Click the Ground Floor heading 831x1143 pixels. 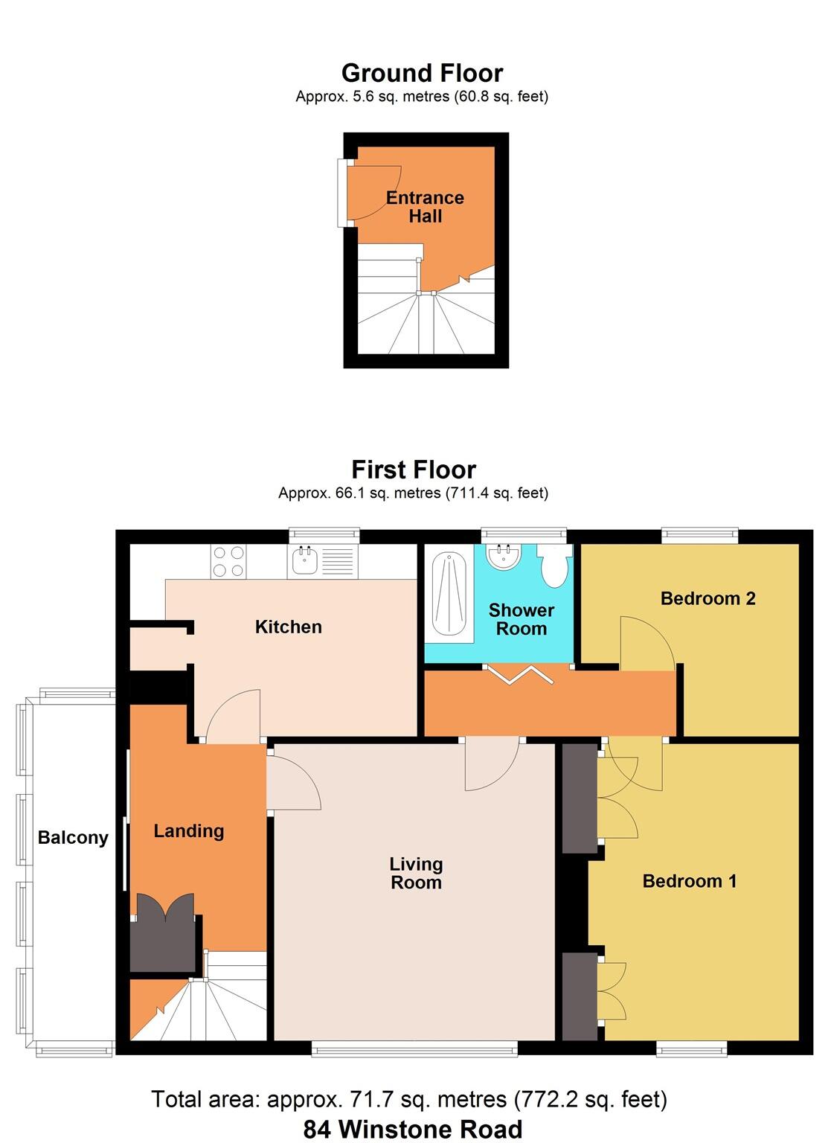tap(422, 73)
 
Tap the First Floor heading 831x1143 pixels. tap(414, 470)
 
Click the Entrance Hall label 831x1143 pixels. tap(425, 207)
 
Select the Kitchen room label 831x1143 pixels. tap(288, 627)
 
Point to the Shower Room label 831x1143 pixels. tap(521, 619)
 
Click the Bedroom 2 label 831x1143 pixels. tap(708, 598)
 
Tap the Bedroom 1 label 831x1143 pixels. tap(689, 881)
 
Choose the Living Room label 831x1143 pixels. tap(416, 873)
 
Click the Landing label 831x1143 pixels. tap(188, 831)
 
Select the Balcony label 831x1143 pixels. tap(73, 838)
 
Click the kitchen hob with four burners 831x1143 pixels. tap(228, 562)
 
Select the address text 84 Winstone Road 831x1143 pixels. tap(412, 1129)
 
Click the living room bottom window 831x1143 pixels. tap(414, 1048)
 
